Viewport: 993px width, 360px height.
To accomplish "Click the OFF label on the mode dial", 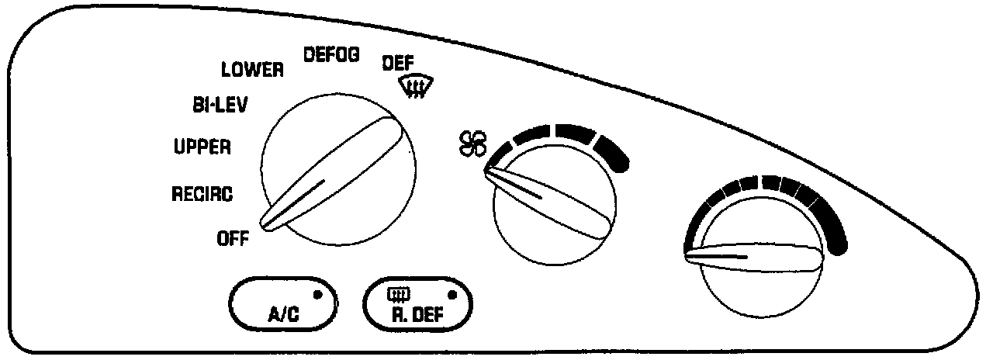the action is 232,239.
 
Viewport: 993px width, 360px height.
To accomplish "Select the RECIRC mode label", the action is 202,194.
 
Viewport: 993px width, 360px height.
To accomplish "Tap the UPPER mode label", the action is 202,147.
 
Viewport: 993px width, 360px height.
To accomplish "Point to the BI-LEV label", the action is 220,106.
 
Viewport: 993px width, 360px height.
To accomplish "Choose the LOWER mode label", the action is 252,70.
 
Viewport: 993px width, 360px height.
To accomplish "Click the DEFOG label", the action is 330,56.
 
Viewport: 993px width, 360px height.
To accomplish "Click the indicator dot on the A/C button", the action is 317,294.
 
